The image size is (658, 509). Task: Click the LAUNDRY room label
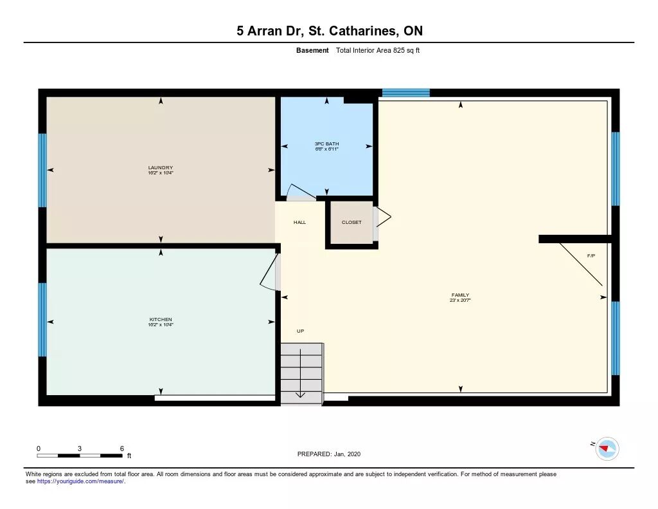(x=160, y=168)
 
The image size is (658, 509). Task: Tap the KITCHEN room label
(x=161, y=319)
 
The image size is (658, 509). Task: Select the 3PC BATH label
(x=327, y=143)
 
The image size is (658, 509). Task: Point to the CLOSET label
(x=351, y=223)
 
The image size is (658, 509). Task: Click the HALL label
(x=299, y=223)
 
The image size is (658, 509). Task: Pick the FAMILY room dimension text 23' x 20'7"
(x=460, y=301)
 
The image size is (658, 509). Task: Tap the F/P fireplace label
(x=591, y=255)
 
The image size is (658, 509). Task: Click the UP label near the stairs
(x=301, y=331)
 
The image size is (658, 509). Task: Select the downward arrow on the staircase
(x=301, y=373)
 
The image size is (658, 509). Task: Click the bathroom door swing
(x=301, y=190)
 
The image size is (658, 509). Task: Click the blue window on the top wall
(x=406, y=93)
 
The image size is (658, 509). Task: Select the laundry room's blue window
(x=42, y=171)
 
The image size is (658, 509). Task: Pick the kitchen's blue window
(x=42, y=320)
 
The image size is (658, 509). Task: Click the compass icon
(x=607, y=449)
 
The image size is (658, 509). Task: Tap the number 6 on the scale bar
(x=122, y=449)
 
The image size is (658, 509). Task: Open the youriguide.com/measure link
(x=80, y=481)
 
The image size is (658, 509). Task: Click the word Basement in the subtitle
(x=312, y=50)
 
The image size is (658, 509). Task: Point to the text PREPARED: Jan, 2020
(x=329, y=454)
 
